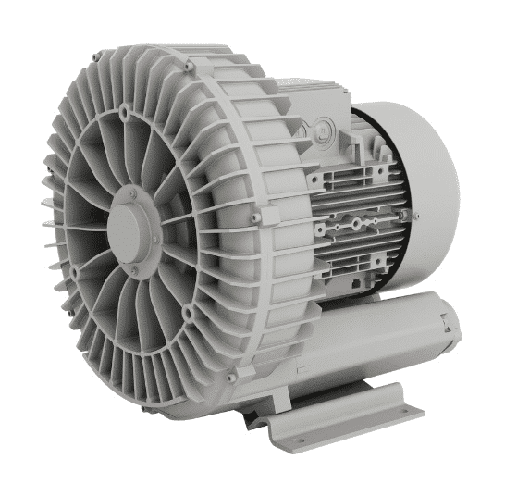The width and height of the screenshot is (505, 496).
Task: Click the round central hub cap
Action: [131, 226]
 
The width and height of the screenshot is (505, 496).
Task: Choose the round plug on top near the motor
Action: [319, 123]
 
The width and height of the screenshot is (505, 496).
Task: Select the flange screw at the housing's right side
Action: [256, 217]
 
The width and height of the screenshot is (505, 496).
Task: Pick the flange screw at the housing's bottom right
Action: [230, 376]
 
